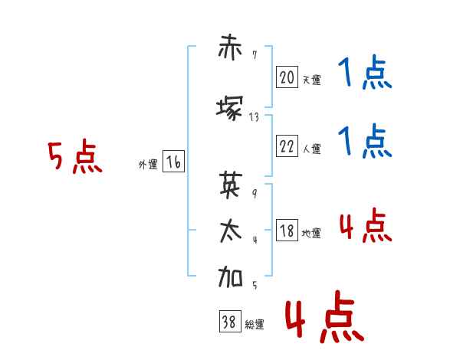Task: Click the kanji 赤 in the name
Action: coord(230,47)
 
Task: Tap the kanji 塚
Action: coord(230,108)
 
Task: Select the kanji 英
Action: coord(231,185)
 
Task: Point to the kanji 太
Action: coord(231,231)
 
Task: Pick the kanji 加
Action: coord(230,277)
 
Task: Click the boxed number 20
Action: coord(287,77)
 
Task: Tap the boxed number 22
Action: coord(287,146)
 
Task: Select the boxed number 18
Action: coord(287,230)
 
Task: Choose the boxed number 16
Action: coord(173,162)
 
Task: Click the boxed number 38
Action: coord(230,321)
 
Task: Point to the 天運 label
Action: coord(311,80)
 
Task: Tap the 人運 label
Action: coord(311,149)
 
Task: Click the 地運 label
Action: coord(311,233)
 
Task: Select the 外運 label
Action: coord(148,165)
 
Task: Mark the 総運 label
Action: coord(255,325)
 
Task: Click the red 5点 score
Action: coord(75,156)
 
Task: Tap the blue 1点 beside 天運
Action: coord(365,72)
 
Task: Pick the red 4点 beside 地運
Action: coord(366,225)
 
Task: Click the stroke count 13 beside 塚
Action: coord(254,117)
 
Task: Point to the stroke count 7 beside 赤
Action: coord(255,55)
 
